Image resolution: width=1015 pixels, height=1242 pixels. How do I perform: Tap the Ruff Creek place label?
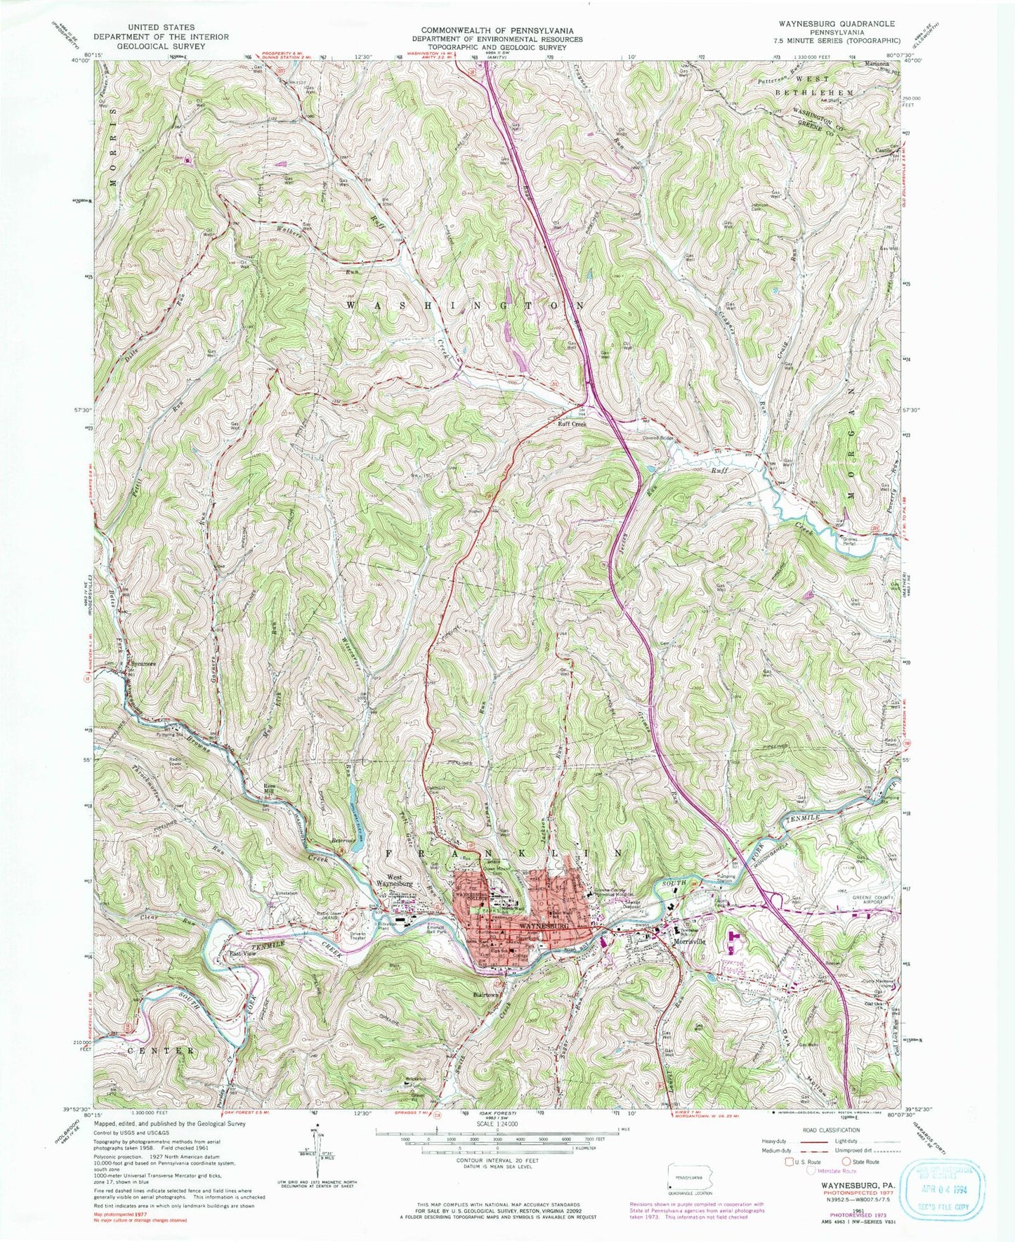[571, 424]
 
